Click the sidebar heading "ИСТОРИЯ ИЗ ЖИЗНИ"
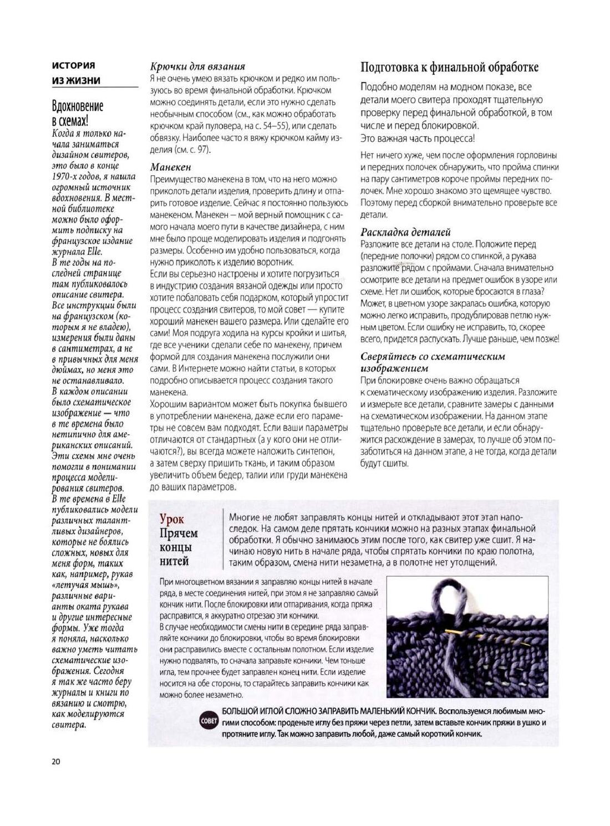coord(77,73)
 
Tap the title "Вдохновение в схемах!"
coord(78,113)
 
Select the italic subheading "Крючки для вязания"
coord(197,66)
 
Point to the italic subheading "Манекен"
coord(171,167)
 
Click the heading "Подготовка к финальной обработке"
coord(449,68)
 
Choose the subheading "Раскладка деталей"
coord(405,232)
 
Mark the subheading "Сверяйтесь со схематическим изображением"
coord(433,362)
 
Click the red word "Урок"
coord(171,519)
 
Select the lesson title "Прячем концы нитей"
coord(179,547)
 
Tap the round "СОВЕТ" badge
coord(209,722)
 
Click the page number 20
coord(55,761)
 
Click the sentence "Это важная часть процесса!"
coord(417,138)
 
